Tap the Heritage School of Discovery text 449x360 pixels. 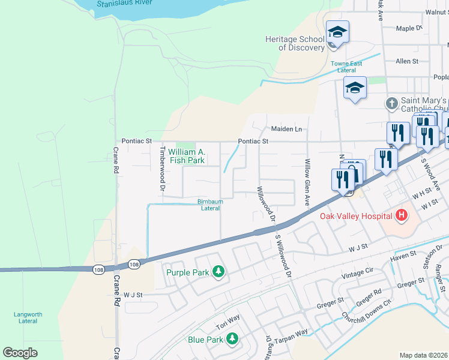pyautogui.click(x=294, y=43)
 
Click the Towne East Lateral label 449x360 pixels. pyautogui.click(x=346, y=67)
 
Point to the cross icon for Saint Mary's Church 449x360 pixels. pyautogui.click(x=391, y=103)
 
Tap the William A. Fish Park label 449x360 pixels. pyautogui.click(x=187, y=156)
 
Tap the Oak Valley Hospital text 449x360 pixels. pyautogui.click(x=355, y=216)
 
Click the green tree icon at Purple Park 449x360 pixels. pyautogui.click(x=218, y=272)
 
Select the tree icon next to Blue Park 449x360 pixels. pyautogui.click(x=232, y=340)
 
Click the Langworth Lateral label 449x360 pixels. pyautogui.click(x=28, y=317)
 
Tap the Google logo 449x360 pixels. pyautogui.click(x=20, y=352)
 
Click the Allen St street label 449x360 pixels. pyautogui.click(x=406, y=61)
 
